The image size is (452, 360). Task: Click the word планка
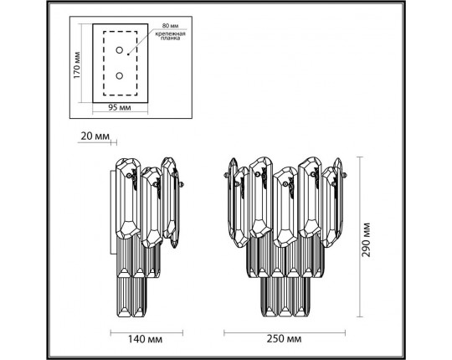(171, 39)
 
